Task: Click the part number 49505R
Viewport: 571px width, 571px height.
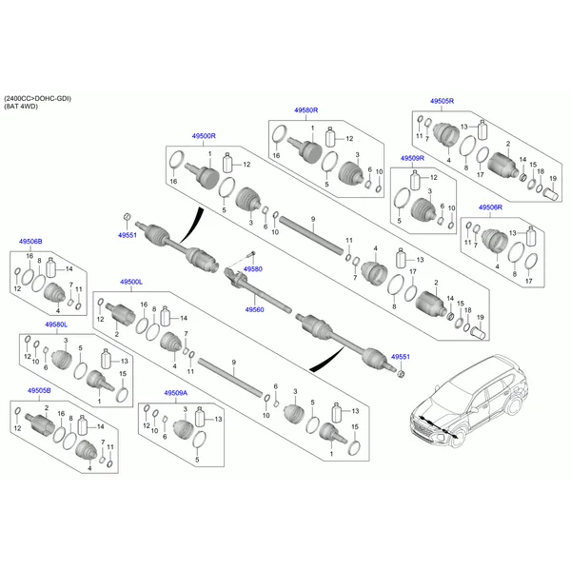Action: [x=442, y=100]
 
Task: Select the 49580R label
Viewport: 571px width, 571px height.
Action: [x=305, y=110]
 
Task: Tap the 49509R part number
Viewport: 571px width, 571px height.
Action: [x=412, y=158]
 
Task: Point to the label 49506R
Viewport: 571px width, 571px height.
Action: [x=490, y=207]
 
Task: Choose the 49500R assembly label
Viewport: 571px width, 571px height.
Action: [x=204, y=137]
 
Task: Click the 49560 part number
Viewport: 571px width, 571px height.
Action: [x=253, y=309]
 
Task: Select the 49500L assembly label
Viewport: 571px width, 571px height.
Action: [x=130, y=283]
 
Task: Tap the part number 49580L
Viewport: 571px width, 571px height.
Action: [x=55, y=325]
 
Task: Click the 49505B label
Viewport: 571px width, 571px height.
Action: [x=39, y=391]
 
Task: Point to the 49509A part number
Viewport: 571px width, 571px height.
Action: [x=175, y=392]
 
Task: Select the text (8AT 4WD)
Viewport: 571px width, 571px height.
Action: [x=25, y=108]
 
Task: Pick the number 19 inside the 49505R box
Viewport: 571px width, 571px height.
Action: [x=553, y=179]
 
